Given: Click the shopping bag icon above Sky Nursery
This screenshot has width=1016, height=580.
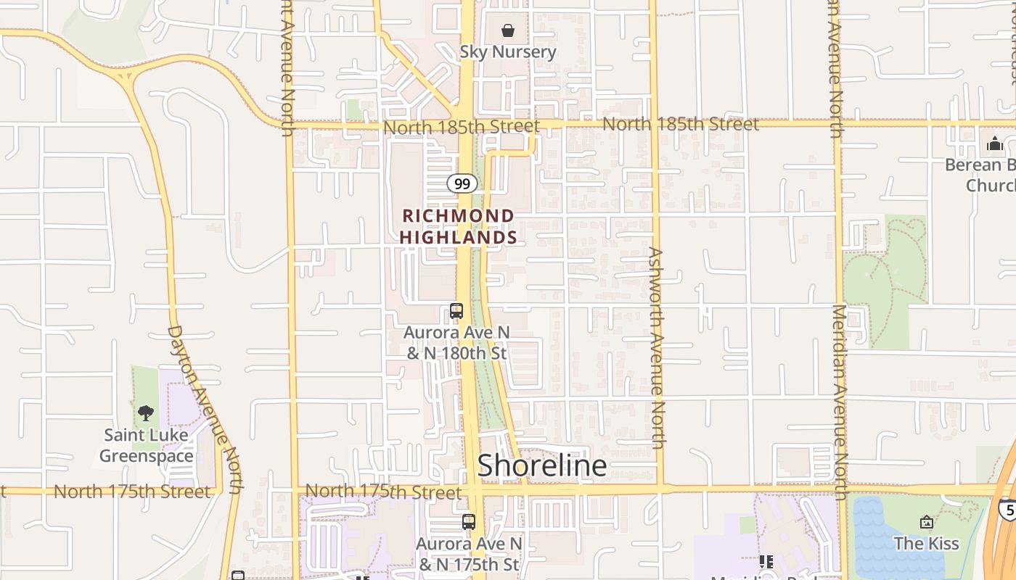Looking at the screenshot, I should (508, 31).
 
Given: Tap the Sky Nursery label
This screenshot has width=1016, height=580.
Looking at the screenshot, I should (508, 52).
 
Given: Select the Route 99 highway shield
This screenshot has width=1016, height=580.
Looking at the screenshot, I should (462, 183).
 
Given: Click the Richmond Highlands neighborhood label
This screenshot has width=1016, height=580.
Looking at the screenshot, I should (458, 226).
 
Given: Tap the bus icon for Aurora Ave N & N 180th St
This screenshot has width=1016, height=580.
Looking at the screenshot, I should (456, 311).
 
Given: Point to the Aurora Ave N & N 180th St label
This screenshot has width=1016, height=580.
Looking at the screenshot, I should (456, 343).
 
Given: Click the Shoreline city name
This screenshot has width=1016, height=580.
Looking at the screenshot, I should (541, 465).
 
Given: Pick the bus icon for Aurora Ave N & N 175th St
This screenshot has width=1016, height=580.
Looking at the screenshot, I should (469, 521).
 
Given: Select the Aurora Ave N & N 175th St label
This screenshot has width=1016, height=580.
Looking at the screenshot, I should (469, 553).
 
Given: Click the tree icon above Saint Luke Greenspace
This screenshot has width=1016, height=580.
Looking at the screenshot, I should (146, 413).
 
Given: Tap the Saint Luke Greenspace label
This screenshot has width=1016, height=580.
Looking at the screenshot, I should (147, 445).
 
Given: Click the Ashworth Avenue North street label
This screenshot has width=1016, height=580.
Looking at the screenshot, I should (657, 348).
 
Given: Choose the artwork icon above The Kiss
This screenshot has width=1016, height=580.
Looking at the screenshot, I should (926, 522).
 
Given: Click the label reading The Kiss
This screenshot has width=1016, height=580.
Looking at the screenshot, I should (926, 544).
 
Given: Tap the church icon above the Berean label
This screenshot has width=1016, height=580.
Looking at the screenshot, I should (994, 144).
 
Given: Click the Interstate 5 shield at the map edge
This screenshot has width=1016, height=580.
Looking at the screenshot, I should (1007, 508).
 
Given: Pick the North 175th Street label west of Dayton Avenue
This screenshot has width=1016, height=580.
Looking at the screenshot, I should (132, 492).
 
